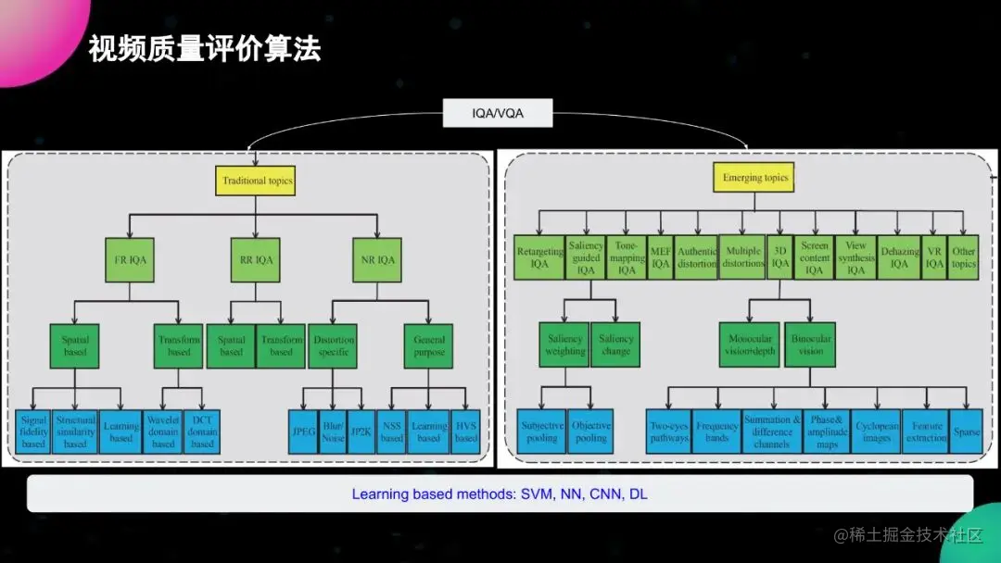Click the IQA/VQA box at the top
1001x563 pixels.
pos(498,115)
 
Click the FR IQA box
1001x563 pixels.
pos(130,260)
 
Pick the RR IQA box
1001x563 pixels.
pos(253,260)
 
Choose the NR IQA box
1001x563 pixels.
pos(377,260)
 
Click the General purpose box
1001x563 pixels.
pos(427,345)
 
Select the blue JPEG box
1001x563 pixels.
pos(303,432)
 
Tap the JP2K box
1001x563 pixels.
pos(361,432)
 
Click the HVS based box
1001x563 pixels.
pos(466,432)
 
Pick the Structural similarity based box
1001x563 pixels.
pos(75,432)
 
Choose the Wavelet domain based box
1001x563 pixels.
pos(163,432)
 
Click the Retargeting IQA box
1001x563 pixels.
pos(539,257)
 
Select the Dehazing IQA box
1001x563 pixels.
pos(899,257)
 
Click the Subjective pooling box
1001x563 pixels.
pos(541,432)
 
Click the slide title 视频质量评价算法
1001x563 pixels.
pos(205,49)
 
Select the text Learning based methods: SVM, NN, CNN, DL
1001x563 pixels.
pos(499,494)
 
